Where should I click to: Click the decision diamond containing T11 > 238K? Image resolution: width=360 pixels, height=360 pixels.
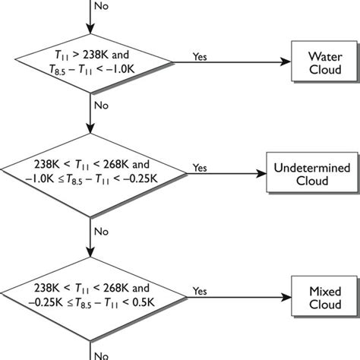pos(91,63)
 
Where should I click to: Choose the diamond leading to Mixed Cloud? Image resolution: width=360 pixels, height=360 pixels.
pos(91,296)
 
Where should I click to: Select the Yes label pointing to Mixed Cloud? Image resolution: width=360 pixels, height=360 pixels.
pos(201,290)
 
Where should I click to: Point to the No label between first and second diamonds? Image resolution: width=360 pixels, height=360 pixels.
pos(100,106)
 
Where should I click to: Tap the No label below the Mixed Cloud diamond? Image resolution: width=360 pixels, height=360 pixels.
pos(100,353)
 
